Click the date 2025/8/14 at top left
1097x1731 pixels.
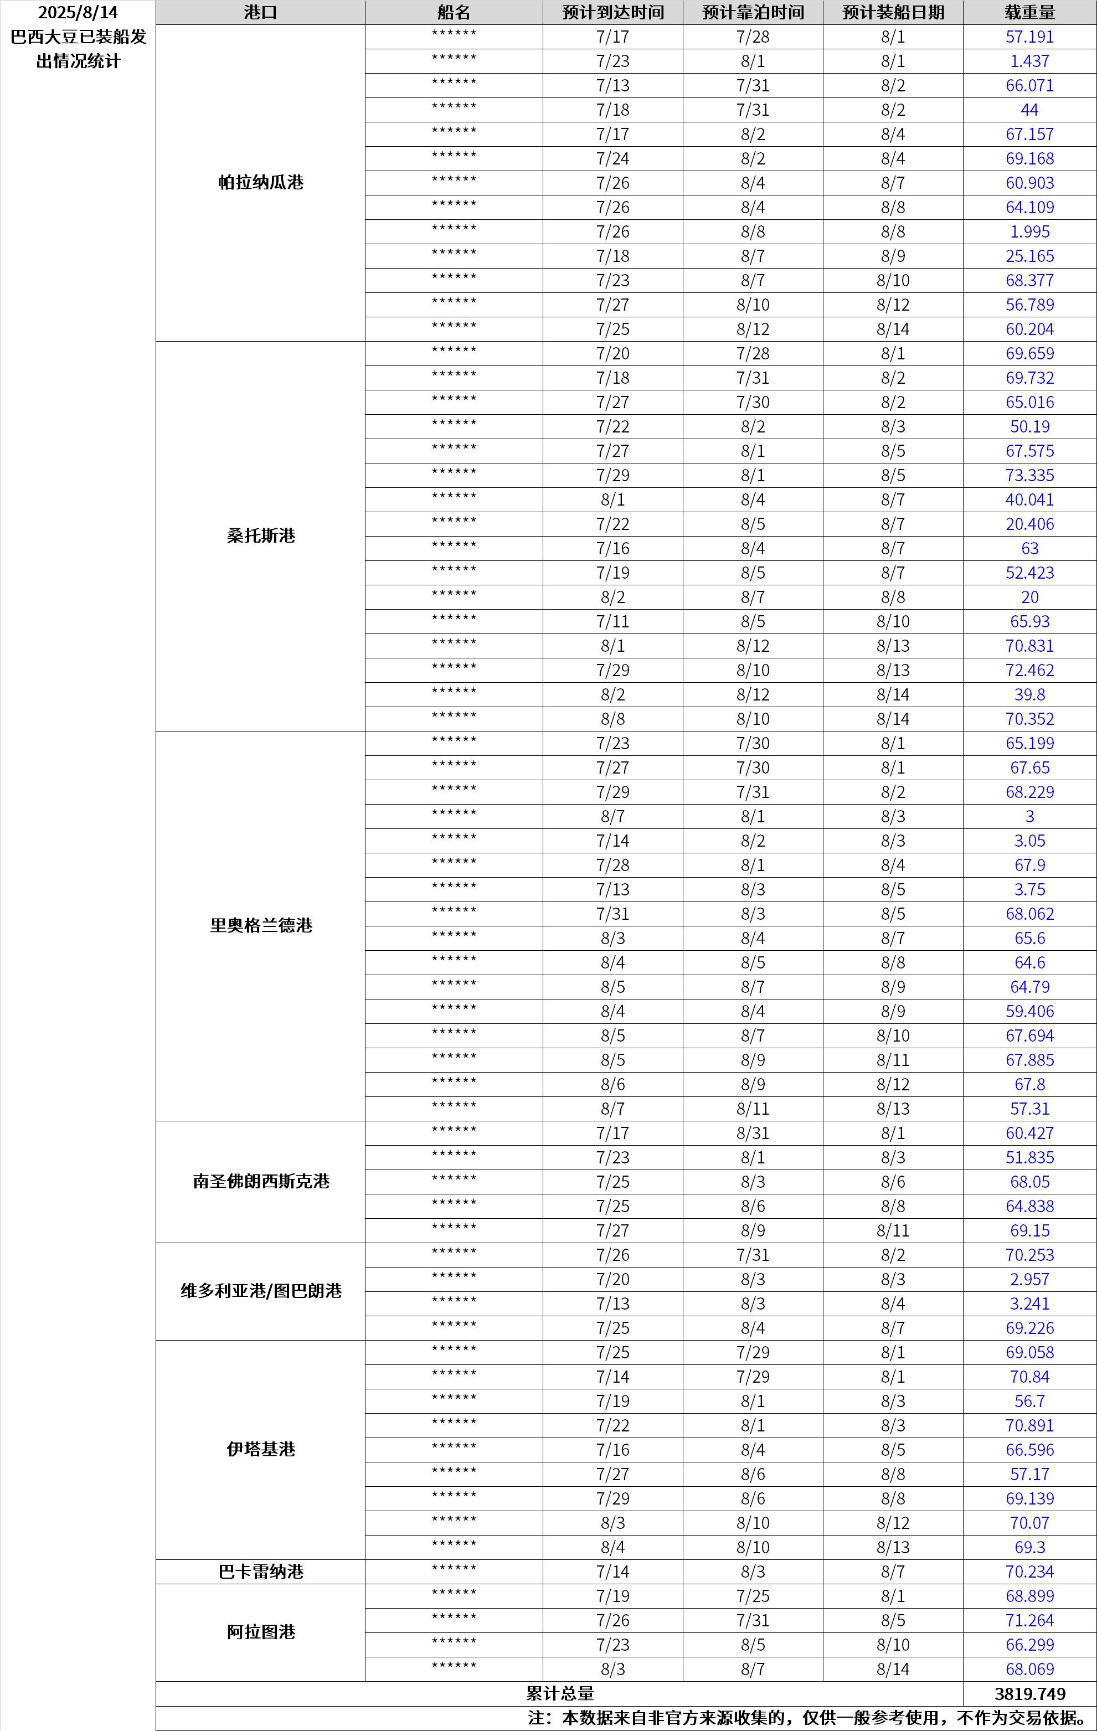[x=78, y=13]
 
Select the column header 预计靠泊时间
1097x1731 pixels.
[x=753, y=13]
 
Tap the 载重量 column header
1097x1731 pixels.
[x=1029, y=13]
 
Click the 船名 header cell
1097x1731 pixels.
[x=454, y=13]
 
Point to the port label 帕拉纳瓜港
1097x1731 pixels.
[x=261, y=183]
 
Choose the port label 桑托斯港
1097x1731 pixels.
[x=261, y=535]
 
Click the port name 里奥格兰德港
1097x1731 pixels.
[x=261, y=926]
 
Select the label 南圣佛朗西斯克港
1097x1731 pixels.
[x=261, y=1182]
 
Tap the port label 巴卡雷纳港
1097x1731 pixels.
[x=261, y=1572]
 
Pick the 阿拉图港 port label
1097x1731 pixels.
[x=261, y=1632]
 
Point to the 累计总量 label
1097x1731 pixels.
[x=560, y=1693]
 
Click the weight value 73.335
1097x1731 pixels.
[x=1029, y=476]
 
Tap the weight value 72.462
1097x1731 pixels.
[x=1029, y=671]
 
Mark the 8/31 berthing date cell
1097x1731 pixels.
[x=753, y=1134]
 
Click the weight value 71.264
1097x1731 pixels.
[x=1029, y=1621]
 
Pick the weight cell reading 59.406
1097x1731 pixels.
[x=1029, y=1012]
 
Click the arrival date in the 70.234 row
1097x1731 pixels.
[x=612, y=1572]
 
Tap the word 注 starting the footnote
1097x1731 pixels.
[x=536, y=1719]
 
